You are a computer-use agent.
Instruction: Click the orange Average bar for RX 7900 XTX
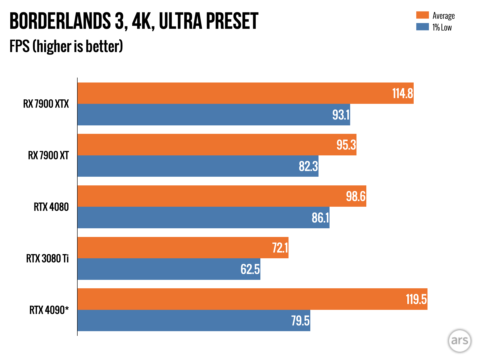coord(233,93)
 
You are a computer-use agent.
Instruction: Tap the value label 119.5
coord(416,299)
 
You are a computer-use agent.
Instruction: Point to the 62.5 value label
coord(250,269)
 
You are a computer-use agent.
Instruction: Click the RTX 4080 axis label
coord(51,207)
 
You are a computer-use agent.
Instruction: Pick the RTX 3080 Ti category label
coord(47,258)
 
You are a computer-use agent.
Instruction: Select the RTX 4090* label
coord(49,310)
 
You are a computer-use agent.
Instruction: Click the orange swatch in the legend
coord(422,15)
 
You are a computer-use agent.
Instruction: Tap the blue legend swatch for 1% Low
coord(422,27)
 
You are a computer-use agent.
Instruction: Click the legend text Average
coord(443,16)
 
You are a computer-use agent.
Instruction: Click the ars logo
coord(460,340)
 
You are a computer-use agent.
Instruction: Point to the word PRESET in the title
coord(232,21)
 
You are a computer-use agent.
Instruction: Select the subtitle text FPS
coord(19,46)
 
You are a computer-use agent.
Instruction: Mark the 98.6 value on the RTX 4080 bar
coord(356,196)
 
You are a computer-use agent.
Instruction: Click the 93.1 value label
coord(341,115)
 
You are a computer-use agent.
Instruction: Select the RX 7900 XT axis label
coord(48,155)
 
